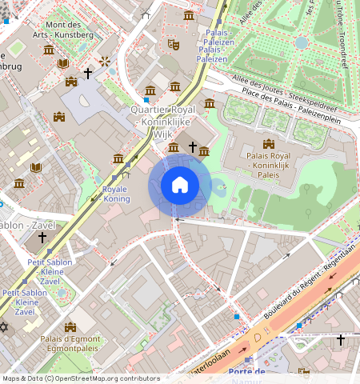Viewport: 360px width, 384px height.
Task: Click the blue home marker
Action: [x=180, y=185]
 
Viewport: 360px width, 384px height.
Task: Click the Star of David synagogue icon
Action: [x=4, y=328]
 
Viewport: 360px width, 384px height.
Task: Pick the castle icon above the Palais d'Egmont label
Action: [x=70, y=326]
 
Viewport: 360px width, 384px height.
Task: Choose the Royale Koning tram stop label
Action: [x=115, y=194]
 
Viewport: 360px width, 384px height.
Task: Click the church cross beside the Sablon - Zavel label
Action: [x=42, y=238]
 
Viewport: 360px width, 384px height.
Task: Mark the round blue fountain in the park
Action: [x=301, y=42]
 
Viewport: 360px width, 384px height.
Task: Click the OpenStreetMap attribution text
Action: [x=80, y=378]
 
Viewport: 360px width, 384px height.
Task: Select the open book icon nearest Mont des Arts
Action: [x=63, y=63]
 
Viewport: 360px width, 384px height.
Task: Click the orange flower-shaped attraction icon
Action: [x=104, y=61]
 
